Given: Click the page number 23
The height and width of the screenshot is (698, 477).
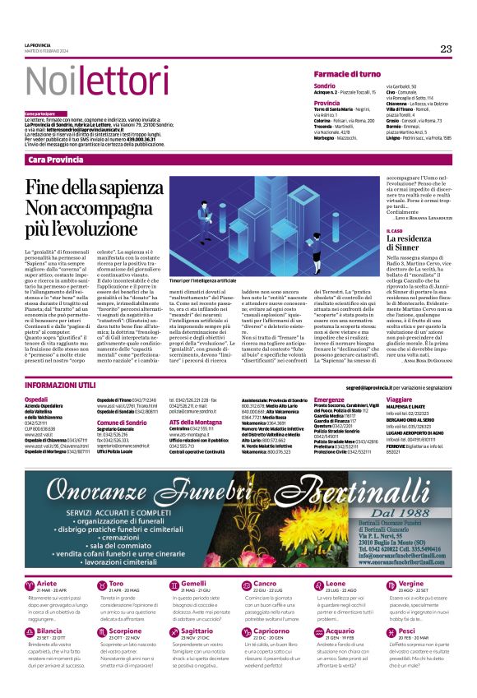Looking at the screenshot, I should (446, 49).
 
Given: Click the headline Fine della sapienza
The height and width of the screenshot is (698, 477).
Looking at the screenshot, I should (94, 187).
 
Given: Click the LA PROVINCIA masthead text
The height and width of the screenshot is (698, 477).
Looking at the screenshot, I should (38, 45).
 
